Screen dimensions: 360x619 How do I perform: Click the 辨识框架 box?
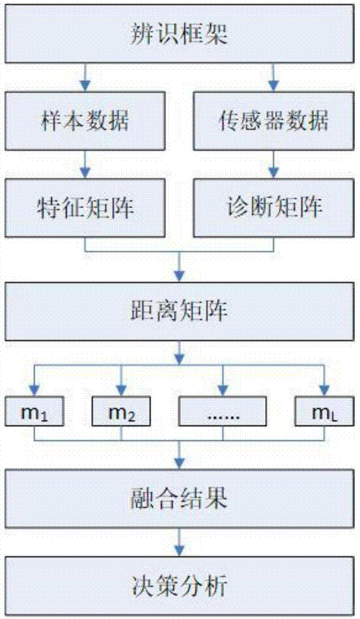tap(179, 33)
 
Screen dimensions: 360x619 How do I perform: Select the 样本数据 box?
tap(85, 121)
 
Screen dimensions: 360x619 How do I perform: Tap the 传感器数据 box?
tap(273, 121)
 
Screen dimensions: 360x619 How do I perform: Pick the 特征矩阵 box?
tap(85, 207)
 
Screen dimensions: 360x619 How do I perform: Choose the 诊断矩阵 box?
tap(273, 207)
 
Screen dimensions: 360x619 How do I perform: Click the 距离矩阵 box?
tap(179, 311)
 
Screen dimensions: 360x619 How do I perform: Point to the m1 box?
tap(34, 412)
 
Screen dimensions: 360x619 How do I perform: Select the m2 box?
tap(121, 412)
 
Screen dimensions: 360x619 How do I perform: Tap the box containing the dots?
tap(223, 412)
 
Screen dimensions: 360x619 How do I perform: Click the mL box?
tap(325, 412)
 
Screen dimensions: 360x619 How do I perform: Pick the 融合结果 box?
tap(179, 498)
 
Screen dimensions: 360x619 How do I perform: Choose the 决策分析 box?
tap(179, 586)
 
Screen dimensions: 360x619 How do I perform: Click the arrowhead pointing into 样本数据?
tap(85, 86)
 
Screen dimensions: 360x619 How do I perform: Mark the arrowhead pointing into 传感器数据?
tap(273, 86)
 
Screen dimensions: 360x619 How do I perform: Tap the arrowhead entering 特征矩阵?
tap(85, 173)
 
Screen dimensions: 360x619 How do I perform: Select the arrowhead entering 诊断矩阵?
tap(273, 173)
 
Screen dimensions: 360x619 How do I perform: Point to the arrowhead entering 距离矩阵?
tap(179, 276)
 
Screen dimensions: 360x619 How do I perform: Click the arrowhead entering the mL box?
tap(325, 391)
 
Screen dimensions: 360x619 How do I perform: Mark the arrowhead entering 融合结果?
tap(179, 464)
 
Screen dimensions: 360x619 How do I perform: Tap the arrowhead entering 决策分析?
tap(179, 551)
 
